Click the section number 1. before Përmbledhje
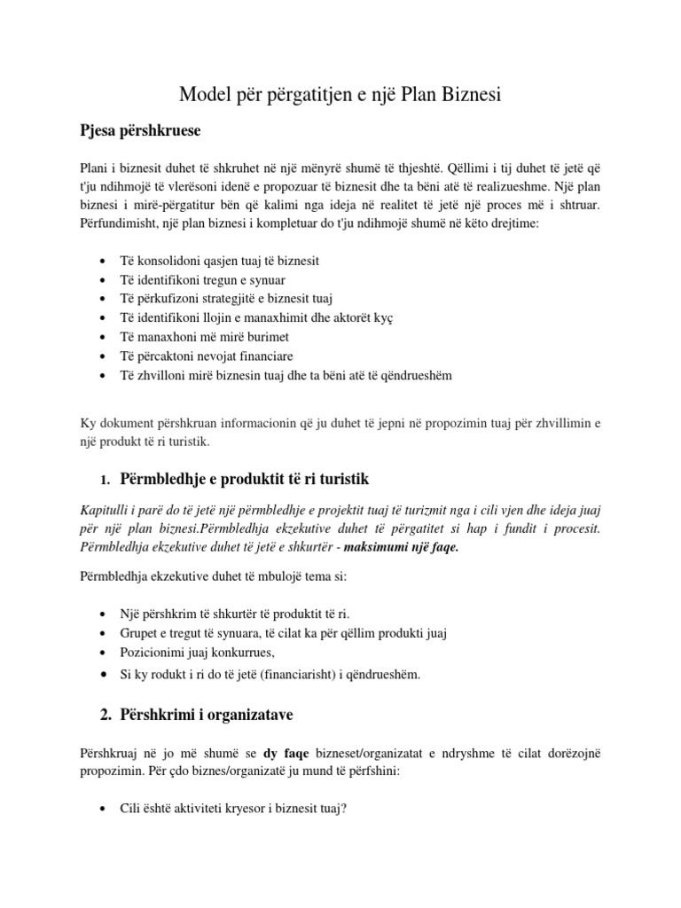[x=104, y=481]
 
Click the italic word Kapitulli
[x=106, y=511]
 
